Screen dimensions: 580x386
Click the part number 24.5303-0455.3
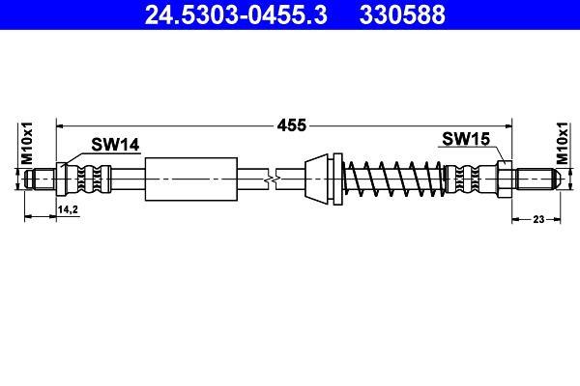236,14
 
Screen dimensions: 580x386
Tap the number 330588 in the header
402,14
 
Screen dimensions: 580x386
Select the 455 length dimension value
292,125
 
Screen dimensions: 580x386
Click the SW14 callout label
115,145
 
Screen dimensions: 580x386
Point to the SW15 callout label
466,139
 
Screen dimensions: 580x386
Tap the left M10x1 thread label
27,144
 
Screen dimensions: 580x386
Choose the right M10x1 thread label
563,144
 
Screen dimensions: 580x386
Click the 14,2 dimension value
68,209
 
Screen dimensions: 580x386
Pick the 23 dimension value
538,219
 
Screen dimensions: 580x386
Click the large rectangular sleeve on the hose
191,179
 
